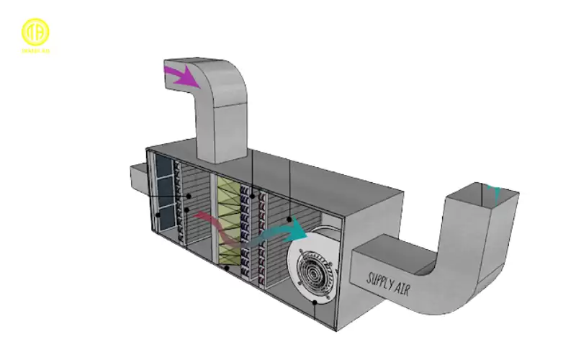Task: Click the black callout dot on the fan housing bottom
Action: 315,303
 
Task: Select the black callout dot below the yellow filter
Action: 228,268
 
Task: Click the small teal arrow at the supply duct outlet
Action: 494,192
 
